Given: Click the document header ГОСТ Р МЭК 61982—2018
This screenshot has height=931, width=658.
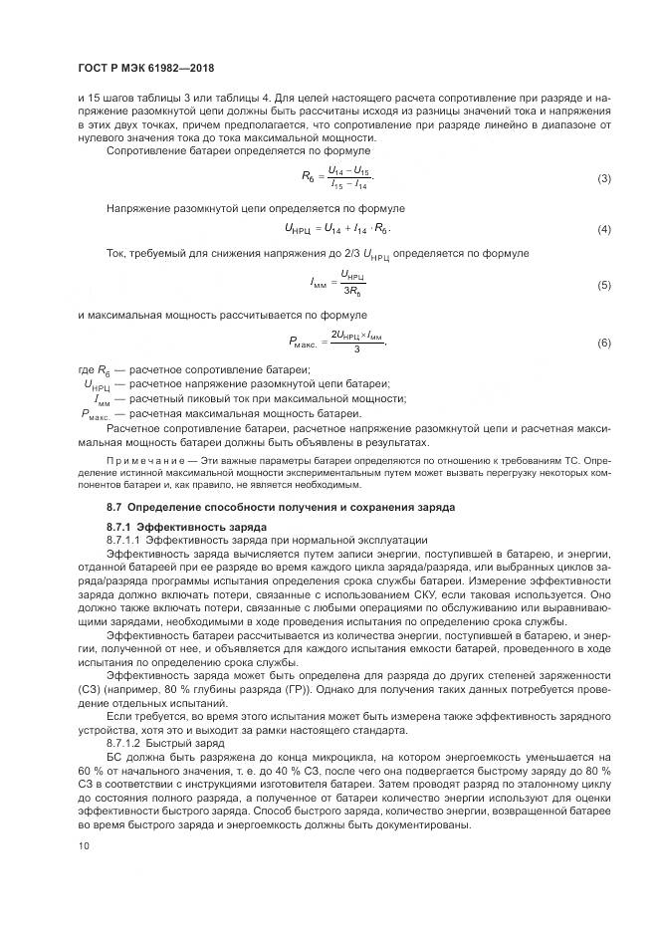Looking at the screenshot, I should click(x=146, y=68).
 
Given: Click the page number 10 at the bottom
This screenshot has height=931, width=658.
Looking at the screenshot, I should click(x=84, y=845).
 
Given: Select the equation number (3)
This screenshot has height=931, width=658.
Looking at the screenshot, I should click(x=602, y=178).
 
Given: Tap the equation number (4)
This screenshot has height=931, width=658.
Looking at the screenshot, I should click(x=602, y=230).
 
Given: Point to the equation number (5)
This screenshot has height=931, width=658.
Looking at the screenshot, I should click(x=602, y=286).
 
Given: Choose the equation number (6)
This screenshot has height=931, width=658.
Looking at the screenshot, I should click(x=602, y=343).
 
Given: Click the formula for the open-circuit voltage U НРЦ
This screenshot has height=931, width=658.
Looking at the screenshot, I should click(x=331, y=230).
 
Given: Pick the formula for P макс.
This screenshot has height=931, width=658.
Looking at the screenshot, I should click(x=336, y=343).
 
